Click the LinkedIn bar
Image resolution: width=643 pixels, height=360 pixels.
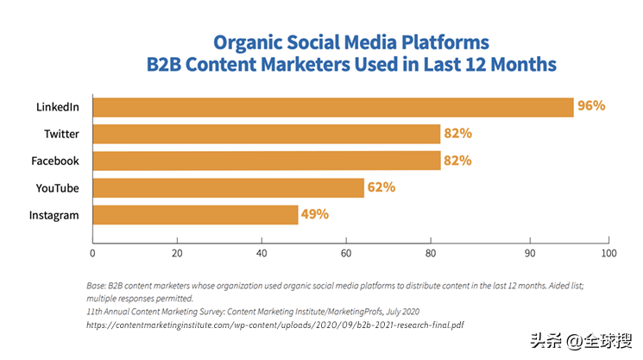333,107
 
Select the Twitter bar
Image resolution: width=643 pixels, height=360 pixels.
267,134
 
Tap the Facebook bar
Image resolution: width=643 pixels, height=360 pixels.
267,161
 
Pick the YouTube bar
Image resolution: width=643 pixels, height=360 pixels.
228,187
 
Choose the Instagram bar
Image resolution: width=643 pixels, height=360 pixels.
195,214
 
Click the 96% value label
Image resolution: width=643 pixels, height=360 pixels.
592,107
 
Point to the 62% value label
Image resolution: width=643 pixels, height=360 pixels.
381,187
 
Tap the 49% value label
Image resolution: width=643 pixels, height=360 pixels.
315,214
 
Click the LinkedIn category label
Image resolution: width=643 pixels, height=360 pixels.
58,107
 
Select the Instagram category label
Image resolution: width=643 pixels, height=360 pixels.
55,214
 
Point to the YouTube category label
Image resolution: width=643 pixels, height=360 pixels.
58,187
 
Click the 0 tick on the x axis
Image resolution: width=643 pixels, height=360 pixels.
92,254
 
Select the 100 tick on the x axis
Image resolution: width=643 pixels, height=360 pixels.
609,254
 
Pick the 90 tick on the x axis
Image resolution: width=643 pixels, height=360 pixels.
528,254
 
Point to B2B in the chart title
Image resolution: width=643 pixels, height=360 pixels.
171,65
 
